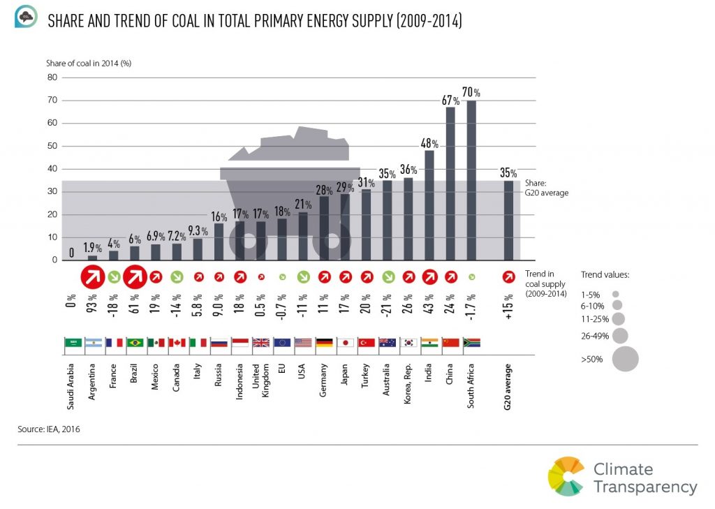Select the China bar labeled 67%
click(x=451, y=184)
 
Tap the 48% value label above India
click(x=429, y=144)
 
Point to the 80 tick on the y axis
click(x=52, y=78)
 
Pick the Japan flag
click(x=345, y=343)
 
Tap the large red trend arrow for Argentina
click(x=93, y=277)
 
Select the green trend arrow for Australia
click(x=388, y=277)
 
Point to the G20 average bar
click(x=508, y=220)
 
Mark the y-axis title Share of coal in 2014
click(x=89, y=63)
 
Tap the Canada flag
click(x=177, y=343)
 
